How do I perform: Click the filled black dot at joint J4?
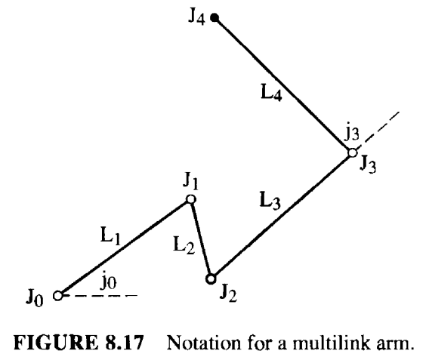tap(215, 18)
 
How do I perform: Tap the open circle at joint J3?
tap(353, 153)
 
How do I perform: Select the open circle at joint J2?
tap(211, 278)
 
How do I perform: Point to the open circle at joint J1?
tap(191, 199)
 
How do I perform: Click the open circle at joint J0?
tap(58, 295)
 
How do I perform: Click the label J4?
tap(196, 17)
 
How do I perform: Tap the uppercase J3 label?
tap(368, 165)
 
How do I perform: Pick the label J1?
tap(191, 182)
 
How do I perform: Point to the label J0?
tap(35, 299)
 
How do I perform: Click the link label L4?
tap(271, 93)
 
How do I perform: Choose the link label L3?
tap(270, 201)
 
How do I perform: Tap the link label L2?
tap(184, 245)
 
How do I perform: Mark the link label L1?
tap(110, 236)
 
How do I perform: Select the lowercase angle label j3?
tap(352, 133)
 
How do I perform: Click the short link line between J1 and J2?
tap(201, 239)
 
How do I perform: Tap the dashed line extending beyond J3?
tap(378, 131)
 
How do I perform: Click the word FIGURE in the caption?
tap(56, 343)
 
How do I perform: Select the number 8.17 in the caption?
tap(124, 343)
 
